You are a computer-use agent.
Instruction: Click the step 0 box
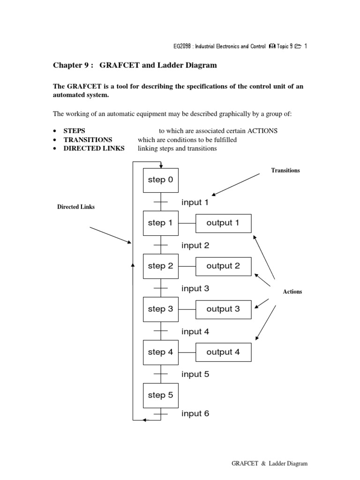[x=160, y=180]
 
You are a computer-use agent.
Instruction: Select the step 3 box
[x=160, y=309]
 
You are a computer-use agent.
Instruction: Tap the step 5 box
[x=160, y=395]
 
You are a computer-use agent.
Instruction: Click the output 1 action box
[x=223, y=223]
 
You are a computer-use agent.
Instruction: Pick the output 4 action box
[x=223, y=352]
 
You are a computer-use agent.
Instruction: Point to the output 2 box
[x=223, y=266]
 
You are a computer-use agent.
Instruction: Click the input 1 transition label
[x=195, y=202]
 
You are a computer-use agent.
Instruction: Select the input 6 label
[x=195, y=414]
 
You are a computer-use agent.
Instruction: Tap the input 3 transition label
[x=195, y=289]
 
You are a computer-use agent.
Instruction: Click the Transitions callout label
[x=285, y=171]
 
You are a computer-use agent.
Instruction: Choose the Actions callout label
[x=292, y=292]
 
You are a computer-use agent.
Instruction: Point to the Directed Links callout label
[x=76, y=207]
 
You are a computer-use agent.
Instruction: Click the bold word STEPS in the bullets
[x=75, y=131]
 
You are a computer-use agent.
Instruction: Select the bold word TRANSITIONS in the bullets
[x=88, y=140]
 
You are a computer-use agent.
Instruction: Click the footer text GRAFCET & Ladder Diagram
[x=270, y=464]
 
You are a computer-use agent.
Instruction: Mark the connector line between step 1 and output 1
[x=187, y=223]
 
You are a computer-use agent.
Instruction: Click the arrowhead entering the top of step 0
[x=161, y=166]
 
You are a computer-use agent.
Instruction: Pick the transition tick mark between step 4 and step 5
[x=161, y=374]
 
